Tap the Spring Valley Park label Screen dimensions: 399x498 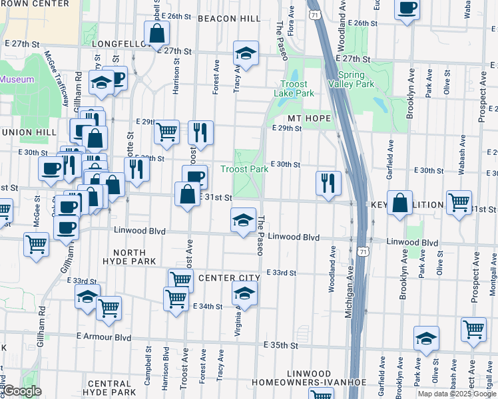pyautogui.click(x=356, y=79)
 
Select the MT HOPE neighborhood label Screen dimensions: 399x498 pyautogui.click(x=309, y=117)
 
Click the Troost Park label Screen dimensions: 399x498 pyautogui.click(x=244, y=169)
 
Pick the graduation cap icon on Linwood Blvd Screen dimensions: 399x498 pyautogui.click(x=243, y=219)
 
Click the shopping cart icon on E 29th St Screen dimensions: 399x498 pyautogui.click(x=166, y=130)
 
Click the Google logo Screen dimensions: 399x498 pyautogui.click(x=21, y=392)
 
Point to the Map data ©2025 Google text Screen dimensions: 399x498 pyautogui.click(x=457, y=394)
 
